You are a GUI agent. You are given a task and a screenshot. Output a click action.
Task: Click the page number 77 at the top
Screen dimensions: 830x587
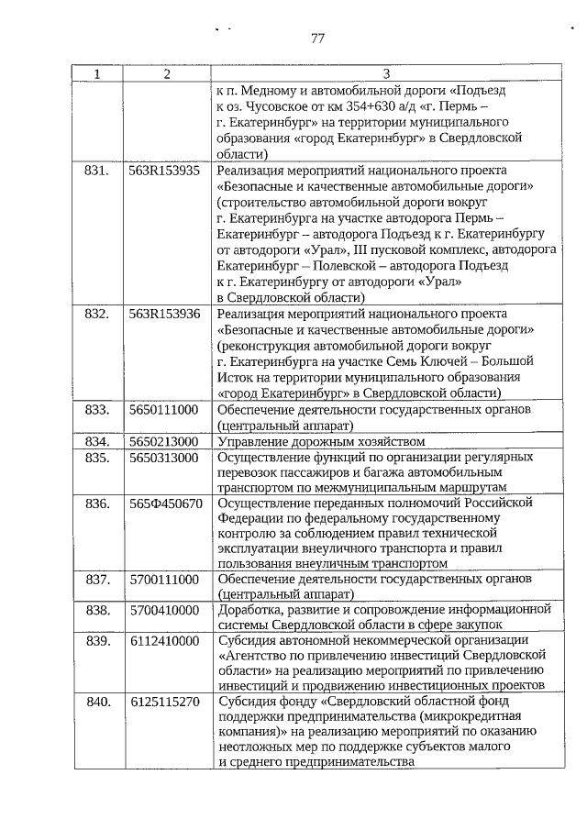click(x=318, y=39)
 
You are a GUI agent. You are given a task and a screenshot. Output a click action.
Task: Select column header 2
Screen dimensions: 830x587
click(x=166, y=73)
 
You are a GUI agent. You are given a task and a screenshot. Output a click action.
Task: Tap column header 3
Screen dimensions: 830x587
click(x=385, y=73)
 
